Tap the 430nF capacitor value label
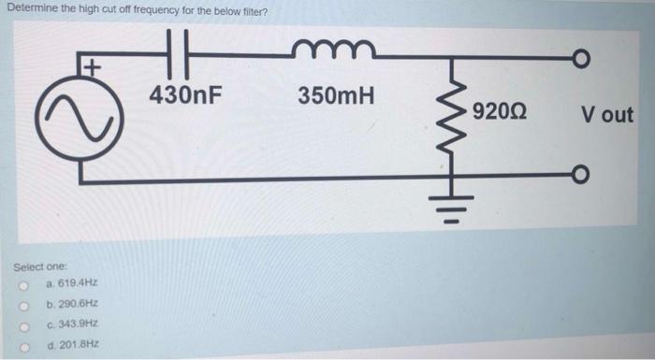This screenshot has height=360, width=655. [185, 94]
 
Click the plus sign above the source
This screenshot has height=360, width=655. [91, 67]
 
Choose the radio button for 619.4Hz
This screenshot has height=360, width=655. [18, 283]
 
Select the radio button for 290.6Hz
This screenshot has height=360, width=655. [18, 304]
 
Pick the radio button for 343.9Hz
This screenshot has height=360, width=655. [18, 324]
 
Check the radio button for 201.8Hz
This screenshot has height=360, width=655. [18, 345]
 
